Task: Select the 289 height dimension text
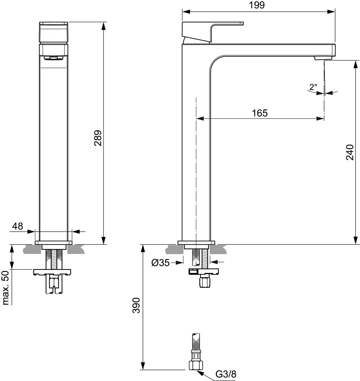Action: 98,138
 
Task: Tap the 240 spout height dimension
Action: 349,152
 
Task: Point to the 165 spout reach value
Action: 259,113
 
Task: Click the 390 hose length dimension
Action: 136,305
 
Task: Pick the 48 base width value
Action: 18,226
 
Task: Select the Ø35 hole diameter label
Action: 160,263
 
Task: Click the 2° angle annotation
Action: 313,87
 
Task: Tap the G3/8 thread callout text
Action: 226,374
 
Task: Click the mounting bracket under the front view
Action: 53,272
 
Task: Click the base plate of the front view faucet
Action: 54,243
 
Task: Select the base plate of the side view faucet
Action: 196,243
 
